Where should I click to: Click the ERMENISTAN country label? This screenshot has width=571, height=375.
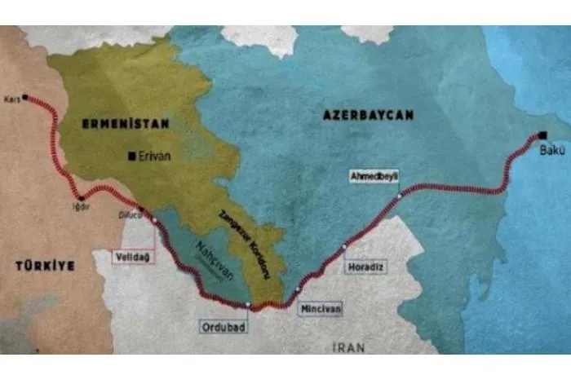(125, 124)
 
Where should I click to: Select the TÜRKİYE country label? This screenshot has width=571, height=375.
(44, 265)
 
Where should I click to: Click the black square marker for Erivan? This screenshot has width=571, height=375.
(131, 156)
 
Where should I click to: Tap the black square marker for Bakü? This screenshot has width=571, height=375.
(542, 135)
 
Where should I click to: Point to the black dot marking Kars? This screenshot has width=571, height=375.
(25, 98)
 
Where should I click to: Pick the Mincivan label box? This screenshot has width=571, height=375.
(317, 310)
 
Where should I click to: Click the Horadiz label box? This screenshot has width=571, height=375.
(364, 266)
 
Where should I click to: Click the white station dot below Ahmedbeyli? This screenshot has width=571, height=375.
(399, 196)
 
